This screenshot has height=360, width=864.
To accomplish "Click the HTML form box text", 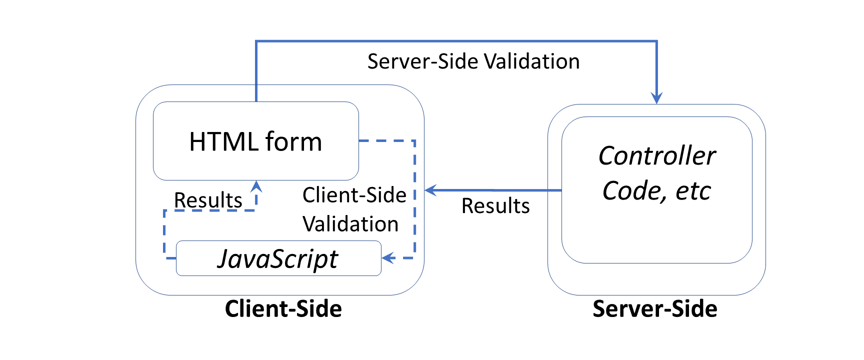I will click(x=255, y=141).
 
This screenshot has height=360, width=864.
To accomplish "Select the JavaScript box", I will click(x=278, y=258).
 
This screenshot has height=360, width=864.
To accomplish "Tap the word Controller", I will click(x=656, y=155).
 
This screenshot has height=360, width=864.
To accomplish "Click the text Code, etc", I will click(x=656, y=191).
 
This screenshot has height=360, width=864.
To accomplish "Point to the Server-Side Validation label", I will click(x=473, y=61).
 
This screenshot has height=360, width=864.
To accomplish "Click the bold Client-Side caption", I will click(x=283, y=308).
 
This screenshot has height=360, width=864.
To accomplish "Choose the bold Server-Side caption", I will click(x=654, y=308).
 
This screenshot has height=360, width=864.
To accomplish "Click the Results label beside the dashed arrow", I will click(x=208, y=200).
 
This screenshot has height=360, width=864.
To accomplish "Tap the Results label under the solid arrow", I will click(x=495, y=206).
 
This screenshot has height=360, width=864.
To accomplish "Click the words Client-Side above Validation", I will click(x=354, y=195).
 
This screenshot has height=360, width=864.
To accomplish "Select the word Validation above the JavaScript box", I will click(x=350, y=224).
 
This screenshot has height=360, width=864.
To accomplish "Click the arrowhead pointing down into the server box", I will click(x=656, y=98).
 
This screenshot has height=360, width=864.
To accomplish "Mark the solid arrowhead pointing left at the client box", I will click(x=430, y=190).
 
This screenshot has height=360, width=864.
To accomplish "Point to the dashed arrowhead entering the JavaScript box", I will click(x=388, y=258).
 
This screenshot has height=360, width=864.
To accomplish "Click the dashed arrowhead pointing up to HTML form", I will click(x=256, y=186).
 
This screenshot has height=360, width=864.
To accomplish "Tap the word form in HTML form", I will click(x=293, y=141).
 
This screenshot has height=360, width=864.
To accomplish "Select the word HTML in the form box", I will click(x=223, y=141).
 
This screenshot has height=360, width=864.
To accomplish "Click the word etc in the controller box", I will click(x=693, y=191).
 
